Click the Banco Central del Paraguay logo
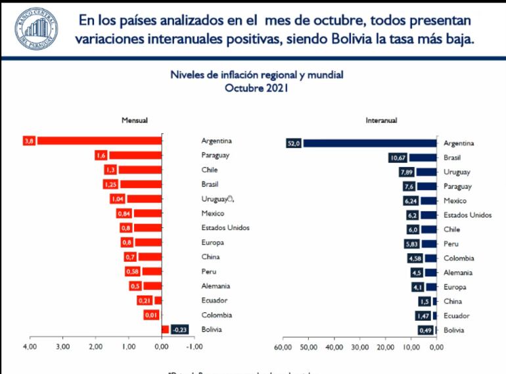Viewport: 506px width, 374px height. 32,29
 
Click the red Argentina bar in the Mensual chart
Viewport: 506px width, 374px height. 99,141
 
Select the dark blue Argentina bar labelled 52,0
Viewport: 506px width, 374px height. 368,143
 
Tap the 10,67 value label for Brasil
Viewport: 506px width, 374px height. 398,158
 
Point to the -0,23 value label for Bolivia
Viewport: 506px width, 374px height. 180,330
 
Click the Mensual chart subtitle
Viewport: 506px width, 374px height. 134,120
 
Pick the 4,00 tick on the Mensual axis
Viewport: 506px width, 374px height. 29,346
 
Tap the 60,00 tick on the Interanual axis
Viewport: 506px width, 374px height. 283,346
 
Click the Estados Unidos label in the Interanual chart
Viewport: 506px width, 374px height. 467,215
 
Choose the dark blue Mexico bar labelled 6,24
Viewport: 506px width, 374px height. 428,200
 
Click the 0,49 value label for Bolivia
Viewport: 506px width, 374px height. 425,330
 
